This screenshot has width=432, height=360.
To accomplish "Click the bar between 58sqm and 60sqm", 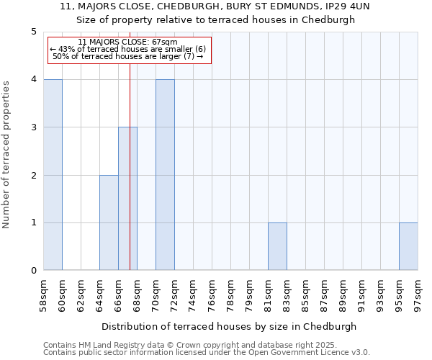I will pyautogui.click(x=53, y=175).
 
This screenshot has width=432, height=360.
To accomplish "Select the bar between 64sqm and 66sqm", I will pyautogui.click(x=109, y=222).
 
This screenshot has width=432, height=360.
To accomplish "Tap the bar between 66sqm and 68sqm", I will pyautogui.click(x=127, y=199).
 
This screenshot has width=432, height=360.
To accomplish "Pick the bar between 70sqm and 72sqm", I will pyautogui.click(x=165, y=175).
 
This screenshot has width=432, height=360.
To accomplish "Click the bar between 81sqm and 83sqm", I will pyautogui.click(x=277, y=246).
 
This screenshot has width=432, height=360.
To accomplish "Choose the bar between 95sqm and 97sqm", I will pyautogui.click(x=408, y=246).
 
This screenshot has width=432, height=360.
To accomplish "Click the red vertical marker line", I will pyautogui.click(x=130, y=158).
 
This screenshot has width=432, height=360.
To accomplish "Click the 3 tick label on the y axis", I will pyautogui.click(x=33, y=127).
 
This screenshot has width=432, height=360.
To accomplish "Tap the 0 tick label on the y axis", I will pyautogui.click(x=33, y=271).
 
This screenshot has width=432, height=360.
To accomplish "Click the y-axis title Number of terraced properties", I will pyautogui.click(x=7, y=155).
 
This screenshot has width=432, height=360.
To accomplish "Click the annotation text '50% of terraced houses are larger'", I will pyautogui.click(x=128, y=56).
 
